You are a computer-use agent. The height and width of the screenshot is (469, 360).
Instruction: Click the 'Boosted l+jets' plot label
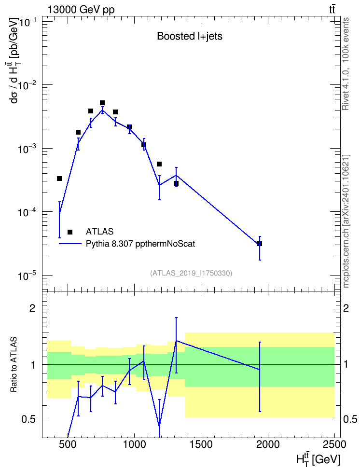pos(190,37)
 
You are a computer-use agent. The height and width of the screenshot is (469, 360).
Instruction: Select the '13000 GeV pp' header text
pos(81,10)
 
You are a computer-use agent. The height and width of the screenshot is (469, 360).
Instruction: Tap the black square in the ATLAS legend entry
pos(70,232)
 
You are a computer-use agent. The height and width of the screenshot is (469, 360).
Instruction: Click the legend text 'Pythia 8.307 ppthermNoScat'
pos(140,244)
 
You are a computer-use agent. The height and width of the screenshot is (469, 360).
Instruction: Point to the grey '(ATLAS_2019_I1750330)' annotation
pos(191,273)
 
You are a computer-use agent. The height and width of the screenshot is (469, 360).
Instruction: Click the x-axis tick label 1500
pos(200,444)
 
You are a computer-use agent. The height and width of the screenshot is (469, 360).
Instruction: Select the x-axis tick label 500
pos(68,444)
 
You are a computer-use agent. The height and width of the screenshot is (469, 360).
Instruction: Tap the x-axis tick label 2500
pos(333,444)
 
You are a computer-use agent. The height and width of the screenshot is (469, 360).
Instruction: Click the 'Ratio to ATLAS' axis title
pos(14,364)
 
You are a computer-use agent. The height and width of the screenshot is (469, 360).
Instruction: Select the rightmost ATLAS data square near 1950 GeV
pos(260,244)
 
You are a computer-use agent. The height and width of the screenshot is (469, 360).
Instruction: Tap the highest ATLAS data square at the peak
pos(102,103)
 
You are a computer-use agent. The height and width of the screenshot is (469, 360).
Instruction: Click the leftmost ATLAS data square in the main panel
pos(59,179)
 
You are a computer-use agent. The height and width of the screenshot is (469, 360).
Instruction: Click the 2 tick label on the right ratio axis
pos(346,308)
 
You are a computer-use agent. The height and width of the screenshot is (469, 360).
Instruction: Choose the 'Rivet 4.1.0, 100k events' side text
pos(346,64)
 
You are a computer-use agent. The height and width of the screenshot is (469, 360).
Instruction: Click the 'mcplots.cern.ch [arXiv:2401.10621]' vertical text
pos(346,221)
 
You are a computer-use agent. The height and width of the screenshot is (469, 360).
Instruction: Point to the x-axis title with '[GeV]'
pos(318,459)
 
